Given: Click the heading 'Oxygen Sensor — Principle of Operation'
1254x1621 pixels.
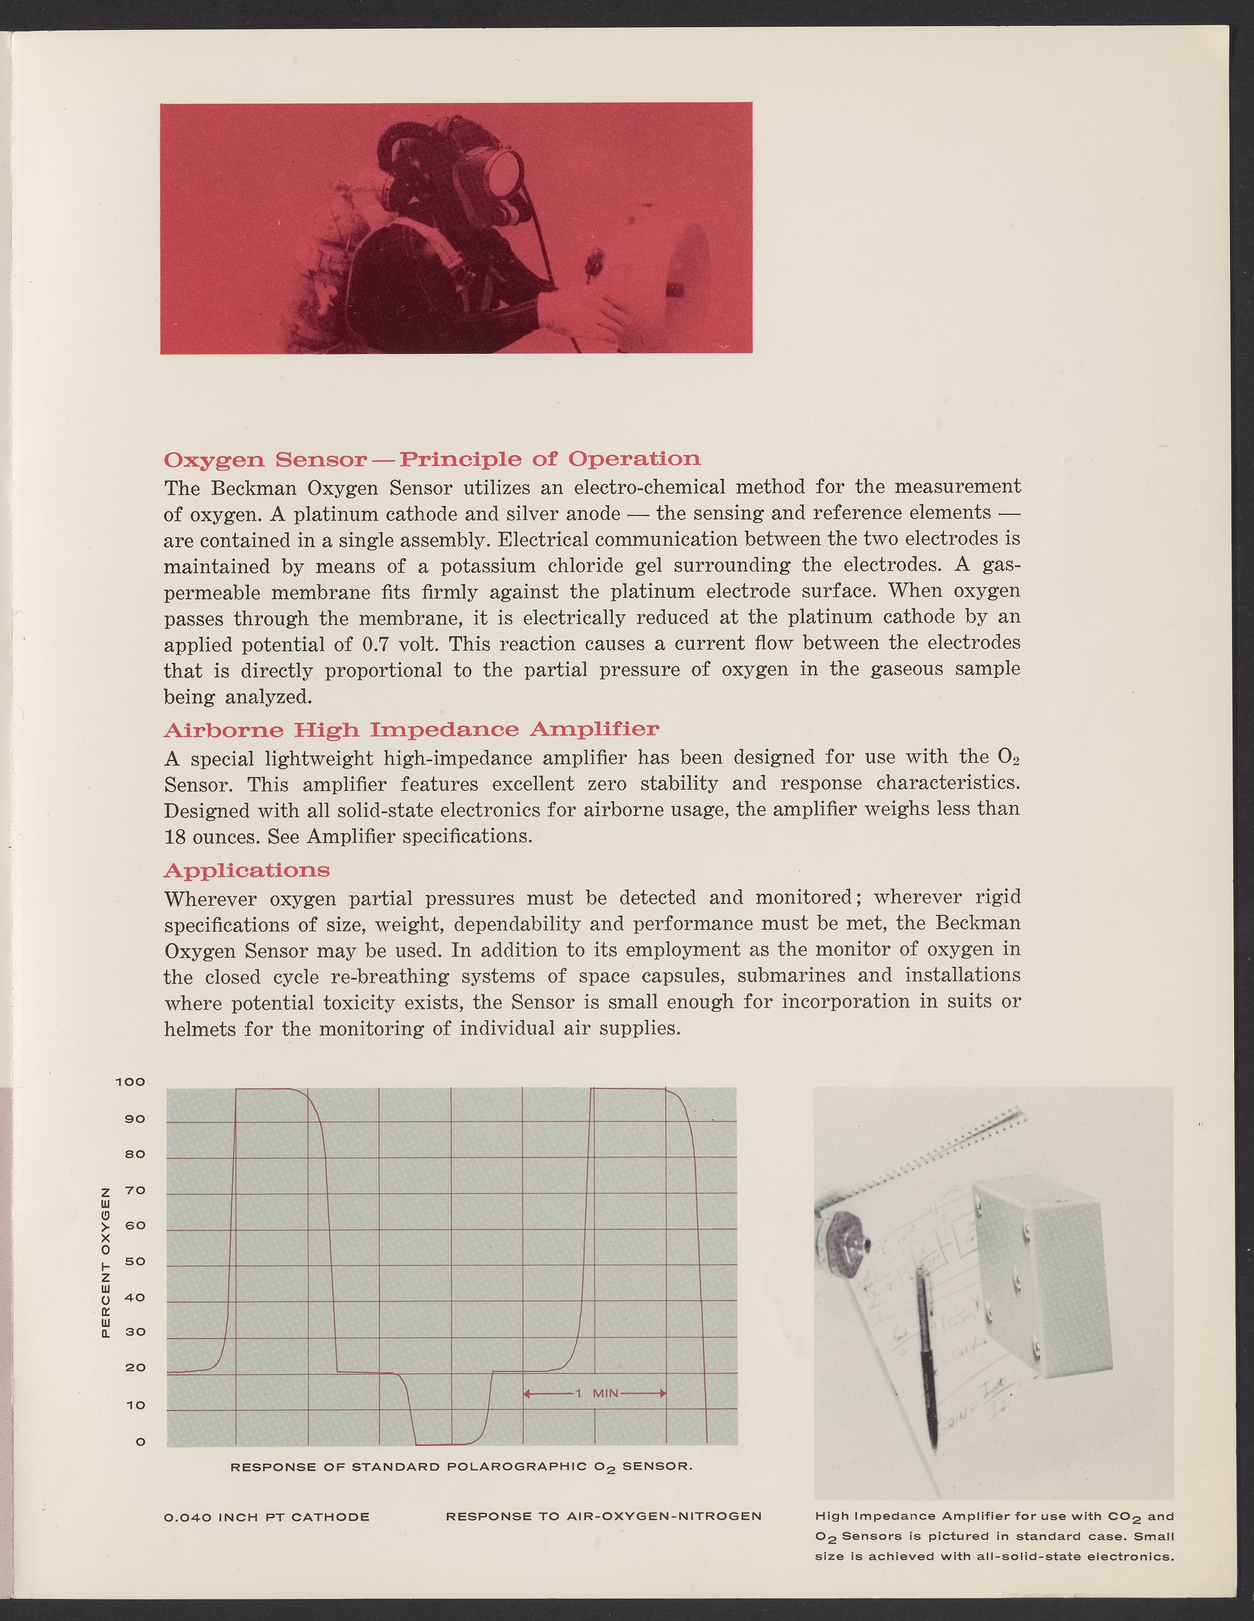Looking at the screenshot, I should click(431, 460).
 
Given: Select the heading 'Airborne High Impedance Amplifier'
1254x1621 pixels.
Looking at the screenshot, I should click(411, 730).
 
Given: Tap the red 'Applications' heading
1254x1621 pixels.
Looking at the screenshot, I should click(246, 870).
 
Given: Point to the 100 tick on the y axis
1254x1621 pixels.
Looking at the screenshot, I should click(131, 1082).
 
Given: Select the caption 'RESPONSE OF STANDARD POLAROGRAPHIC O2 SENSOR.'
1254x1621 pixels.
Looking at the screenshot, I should click(462, 1467).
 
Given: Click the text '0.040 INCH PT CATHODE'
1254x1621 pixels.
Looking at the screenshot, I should click(266, 1517).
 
